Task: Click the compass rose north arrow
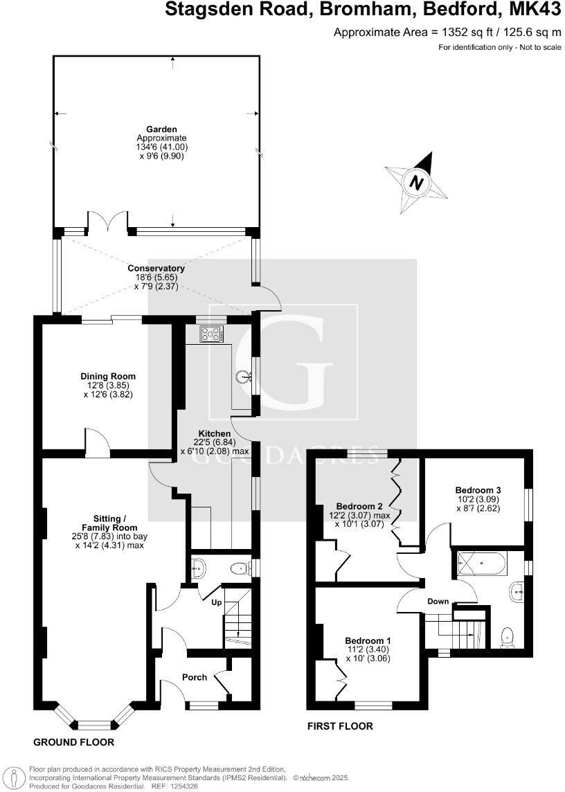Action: point(416,182)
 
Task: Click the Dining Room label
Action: point(107,377)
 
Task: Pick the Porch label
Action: point(194,676)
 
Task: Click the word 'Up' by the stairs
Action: point(217,602)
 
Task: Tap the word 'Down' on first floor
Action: point(438,601)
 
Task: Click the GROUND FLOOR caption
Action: point(73,741)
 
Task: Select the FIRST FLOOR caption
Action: point(340,726)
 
